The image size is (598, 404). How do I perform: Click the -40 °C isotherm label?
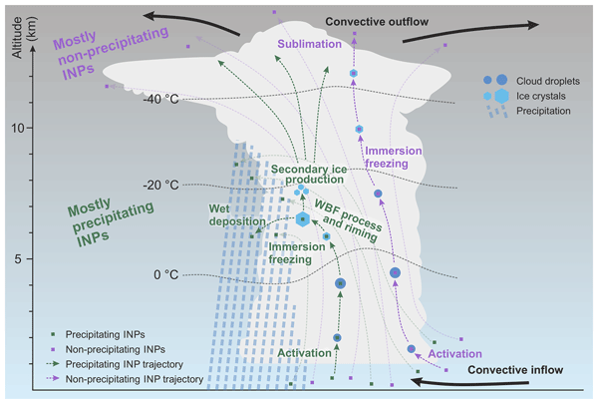point(160,100)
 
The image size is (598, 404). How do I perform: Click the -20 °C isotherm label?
point(160,186)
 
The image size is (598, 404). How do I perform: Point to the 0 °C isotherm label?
point(165,274)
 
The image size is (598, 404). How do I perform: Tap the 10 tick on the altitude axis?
point(18,128)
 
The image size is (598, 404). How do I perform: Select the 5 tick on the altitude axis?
point(18,259)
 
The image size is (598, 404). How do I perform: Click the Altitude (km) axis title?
point(24,38)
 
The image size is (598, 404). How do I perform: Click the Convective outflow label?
point(377,22)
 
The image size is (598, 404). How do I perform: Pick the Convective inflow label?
point(515,370)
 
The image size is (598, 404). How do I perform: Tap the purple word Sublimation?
point(309,44)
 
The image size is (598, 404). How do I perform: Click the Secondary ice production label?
point(309,175)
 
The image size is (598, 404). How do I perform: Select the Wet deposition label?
point(237,215)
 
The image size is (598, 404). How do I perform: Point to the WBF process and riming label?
point(348,220)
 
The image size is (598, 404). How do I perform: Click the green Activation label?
point(304,353)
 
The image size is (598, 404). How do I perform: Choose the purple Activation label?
point(454,353)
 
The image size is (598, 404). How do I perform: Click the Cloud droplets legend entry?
point(531,81)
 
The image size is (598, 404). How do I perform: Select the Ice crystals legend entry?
point(524,96)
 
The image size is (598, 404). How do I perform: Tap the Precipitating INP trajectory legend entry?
point(115,364)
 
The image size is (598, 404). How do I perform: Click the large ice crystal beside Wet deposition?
point(302,219)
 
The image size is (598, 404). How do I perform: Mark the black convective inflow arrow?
point(468,381)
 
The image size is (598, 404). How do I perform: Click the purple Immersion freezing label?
point(394,157)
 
